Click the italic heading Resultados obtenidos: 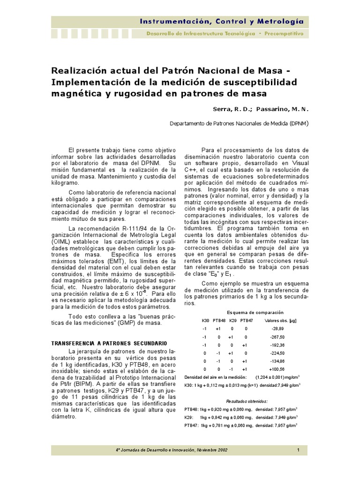(x=247, y=401)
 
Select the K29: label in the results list (x=189, y=417)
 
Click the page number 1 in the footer (x=298, y=450)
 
